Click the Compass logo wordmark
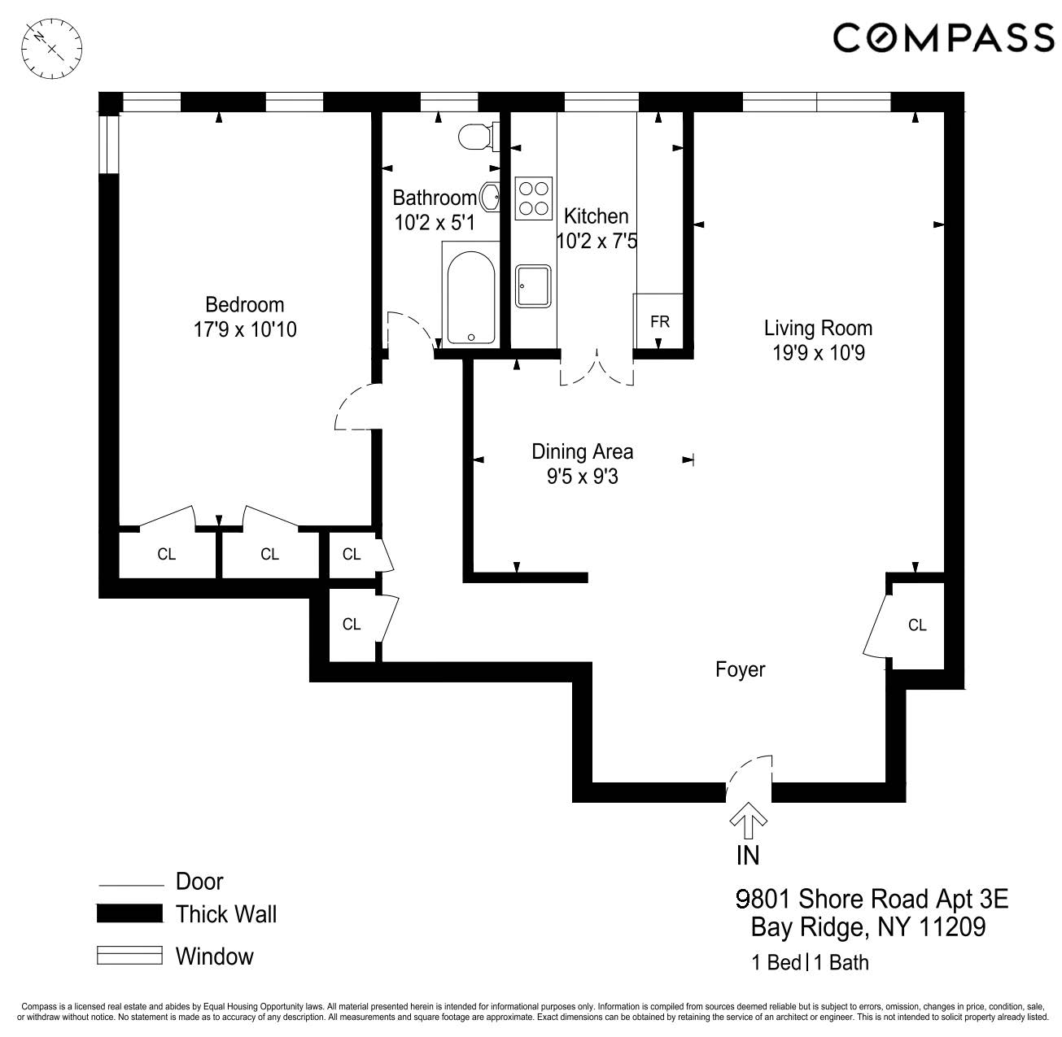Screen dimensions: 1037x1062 click(943, 38)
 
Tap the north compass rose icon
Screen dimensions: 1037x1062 click(51, 48)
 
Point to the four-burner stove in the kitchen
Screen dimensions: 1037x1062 click(534, 198)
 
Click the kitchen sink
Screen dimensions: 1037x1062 click(534, 286)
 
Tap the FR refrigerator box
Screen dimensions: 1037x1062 click(659, 322)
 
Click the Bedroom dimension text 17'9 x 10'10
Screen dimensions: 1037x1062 click(244, 329)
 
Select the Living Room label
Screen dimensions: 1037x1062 click(817, 328)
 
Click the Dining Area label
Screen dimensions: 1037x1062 click(582, 451)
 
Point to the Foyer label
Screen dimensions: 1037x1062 click(740, 669)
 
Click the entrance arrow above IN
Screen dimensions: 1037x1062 click(748, 821)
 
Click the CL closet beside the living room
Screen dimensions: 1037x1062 click(916, 625)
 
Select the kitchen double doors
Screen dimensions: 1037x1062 click(597, 370)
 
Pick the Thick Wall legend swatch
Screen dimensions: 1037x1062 click(129, 913)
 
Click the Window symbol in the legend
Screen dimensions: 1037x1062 click(129, 956)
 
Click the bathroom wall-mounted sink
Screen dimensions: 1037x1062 click(491, 196)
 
